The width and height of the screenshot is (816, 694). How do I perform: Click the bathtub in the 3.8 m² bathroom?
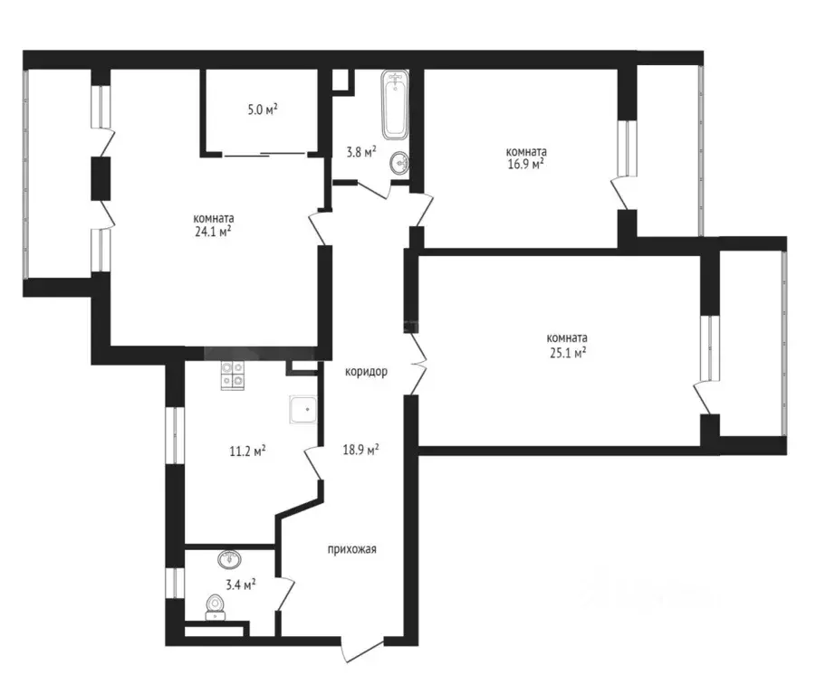coord(395,104)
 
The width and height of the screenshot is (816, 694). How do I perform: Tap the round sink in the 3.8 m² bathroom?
coord(399,163)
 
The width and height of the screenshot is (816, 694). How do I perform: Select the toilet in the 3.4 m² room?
coord(215,608)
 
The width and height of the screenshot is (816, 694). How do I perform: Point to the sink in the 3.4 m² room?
coord(229,559)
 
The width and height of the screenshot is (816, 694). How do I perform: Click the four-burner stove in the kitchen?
coord(233,376)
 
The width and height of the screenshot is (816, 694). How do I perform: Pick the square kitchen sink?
coord(303,410)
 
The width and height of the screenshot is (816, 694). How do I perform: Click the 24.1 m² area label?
coord(213,233)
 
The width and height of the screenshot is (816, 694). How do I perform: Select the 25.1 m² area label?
coord(567,354)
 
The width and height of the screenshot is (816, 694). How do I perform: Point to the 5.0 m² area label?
coord(263,109)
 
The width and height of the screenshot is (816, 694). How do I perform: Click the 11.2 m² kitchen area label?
coord(248,451)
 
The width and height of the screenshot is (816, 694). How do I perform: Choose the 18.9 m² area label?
coord(360,450)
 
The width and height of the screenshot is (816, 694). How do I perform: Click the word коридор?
coord(367,372)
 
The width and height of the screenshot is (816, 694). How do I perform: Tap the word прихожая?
coord(351,549)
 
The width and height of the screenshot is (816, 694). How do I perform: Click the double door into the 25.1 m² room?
coord(418,363)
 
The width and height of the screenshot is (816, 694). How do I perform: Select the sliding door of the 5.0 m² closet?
coord(264,155)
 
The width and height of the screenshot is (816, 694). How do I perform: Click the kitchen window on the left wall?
coord(175,435)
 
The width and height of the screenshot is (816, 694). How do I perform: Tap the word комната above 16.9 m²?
coord(527,152)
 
